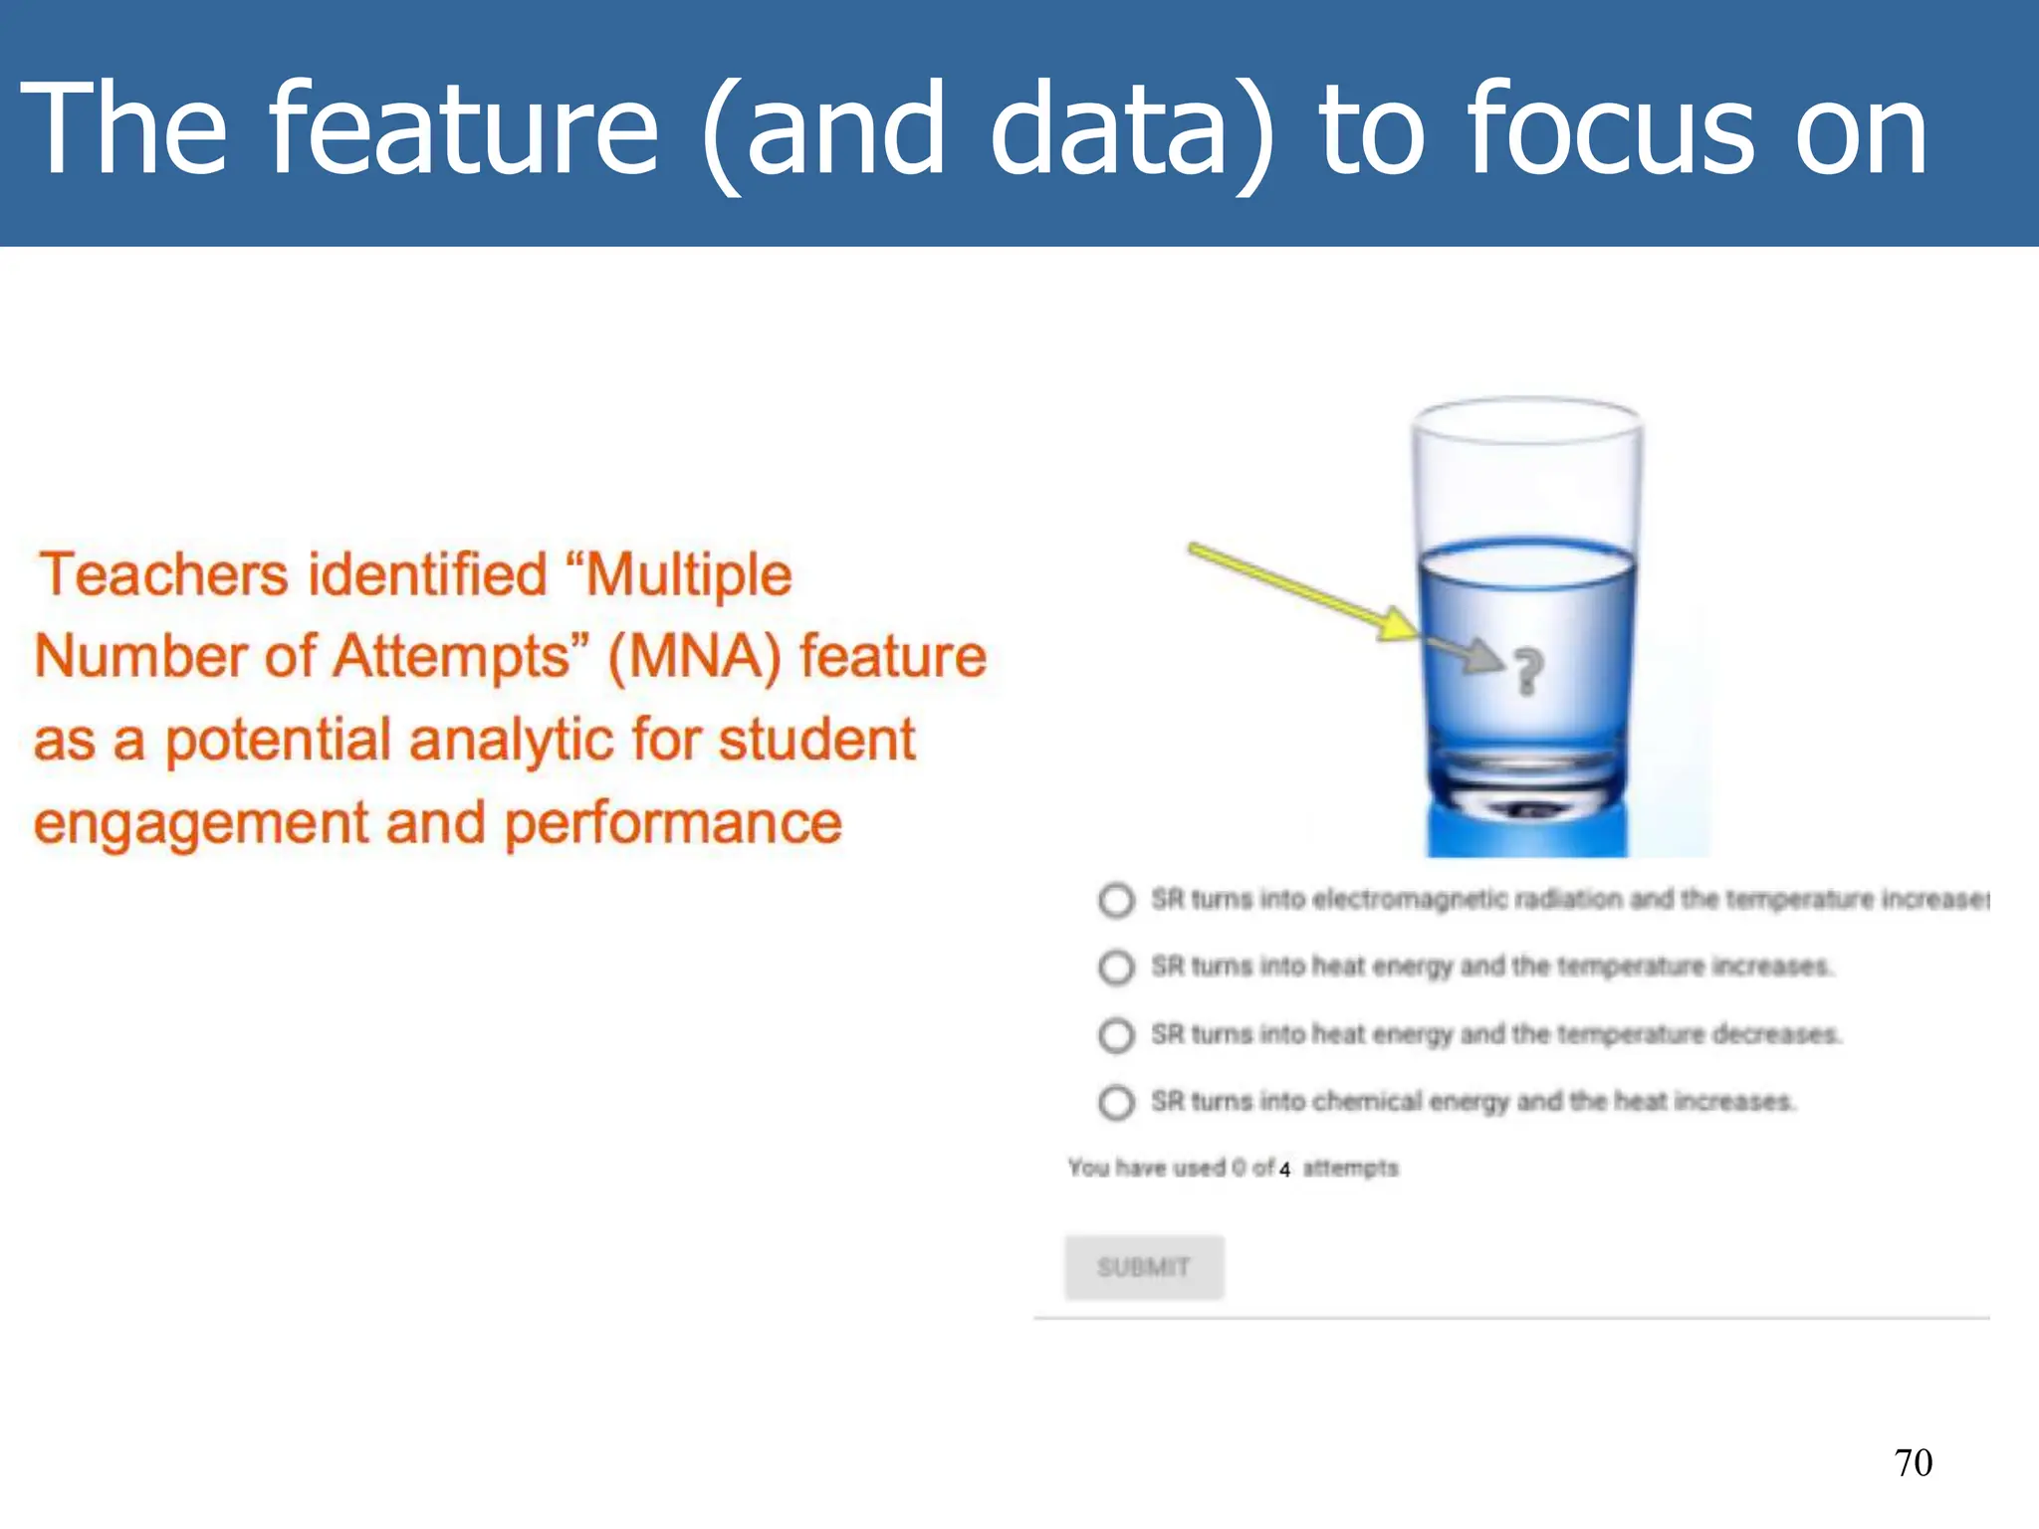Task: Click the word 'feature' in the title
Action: pyautogui.click(x=464, y=129)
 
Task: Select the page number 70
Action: pyautogui.click(x=1913, y=1462)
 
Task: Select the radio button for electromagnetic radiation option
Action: pyautogui.click(x=1116, y=900)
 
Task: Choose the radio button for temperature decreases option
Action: pyautogui.click(x=1116, y=1035)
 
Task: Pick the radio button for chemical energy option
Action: pyautogui.click(x=1116, y=1102)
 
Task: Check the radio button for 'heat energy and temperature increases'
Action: pyautogui.click(x=1116, y=967)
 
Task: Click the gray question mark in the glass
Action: pyautogui.click(x=1528, y=671)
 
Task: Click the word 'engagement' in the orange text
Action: pyautogui.click(x=201, y=824)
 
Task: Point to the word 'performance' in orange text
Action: pyautogui.click(x=673, y=824)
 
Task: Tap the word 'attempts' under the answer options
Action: pyautogui.click(x=1350, y=1168)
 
